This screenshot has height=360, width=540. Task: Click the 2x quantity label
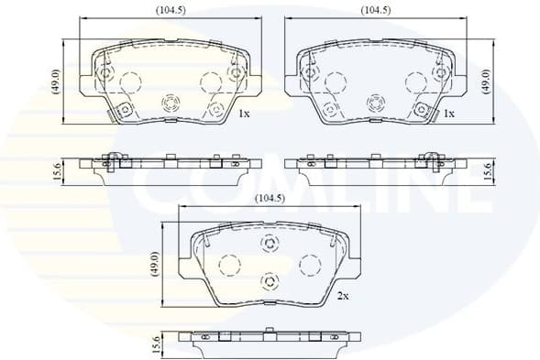tap(344, 296)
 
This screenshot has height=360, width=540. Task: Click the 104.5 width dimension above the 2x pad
tap(267, 198)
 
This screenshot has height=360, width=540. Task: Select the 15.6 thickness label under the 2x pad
tap(157, 346)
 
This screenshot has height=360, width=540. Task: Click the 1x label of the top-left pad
tap(244, 115)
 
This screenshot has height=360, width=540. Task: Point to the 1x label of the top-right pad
tap(449, 115)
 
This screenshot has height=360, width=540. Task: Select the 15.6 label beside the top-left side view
tap(57, 170)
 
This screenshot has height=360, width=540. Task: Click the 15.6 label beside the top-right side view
tap(487, 170)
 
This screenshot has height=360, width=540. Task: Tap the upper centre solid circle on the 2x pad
tap(270, 243)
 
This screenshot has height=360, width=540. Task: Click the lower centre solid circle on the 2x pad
tap(270, 280)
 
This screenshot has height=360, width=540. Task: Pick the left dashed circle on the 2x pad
tap(228, 266)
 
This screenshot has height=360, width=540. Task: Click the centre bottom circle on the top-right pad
tap(374, 103)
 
